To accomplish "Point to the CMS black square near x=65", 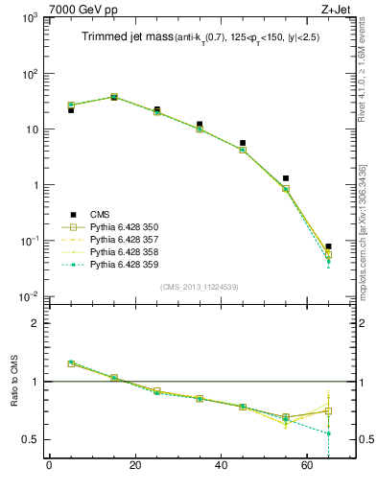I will tap(329, 246).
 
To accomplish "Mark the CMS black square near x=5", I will tap(71, 110).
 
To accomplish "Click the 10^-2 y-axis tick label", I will tap(29, 296).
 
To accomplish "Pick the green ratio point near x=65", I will tap(329, 433).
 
